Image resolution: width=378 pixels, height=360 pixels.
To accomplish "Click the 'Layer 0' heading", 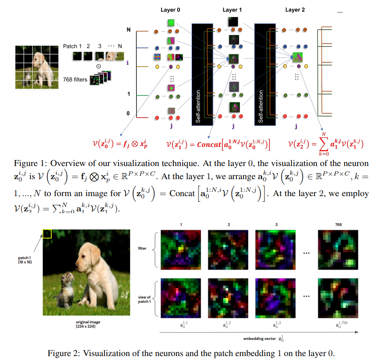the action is click(x=170, y=10).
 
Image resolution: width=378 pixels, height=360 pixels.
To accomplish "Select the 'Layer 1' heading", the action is click(x=232, y=10).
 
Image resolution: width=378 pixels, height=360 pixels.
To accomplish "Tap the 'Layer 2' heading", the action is click(x=295, y=10).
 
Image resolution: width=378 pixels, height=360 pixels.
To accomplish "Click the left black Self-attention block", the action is click(x=202, y=75).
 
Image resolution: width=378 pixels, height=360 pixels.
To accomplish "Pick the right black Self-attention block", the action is click(x=265, y=75).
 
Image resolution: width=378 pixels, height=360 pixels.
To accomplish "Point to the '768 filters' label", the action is click(x=75, y=80).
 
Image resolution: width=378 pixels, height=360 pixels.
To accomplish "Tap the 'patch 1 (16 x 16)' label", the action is click(x=25, y=260).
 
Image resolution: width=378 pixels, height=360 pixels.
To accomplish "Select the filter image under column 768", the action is click(x=338, y=250).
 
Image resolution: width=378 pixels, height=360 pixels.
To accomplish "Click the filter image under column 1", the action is click(x=181, y=250).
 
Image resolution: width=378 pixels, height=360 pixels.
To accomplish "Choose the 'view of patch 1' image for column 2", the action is click(x=228, y=298).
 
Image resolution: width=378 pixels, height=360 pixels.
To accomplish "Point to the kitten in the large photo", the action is click(x=65, y=289).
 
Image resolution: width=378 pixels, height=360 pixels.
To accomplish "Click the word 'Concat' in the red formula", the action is click(x=209, y=145).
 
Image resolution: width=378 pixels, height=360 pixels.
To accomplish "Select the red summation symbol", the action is click(x=324, y=144).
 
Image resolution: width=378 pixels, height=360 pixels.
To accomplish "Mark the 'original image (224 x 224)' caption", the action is click(x=88, y=324).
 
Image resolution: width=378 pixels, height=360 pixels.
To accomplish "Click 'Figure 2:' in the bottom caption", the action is click(x=64, y=353).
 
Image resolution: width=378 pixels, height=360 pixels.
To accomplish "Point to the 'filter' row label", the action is click(x=142, y=248).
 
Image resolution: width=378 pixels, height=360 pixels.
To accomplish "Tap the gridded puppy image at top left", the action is click(x=37, y=67).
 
